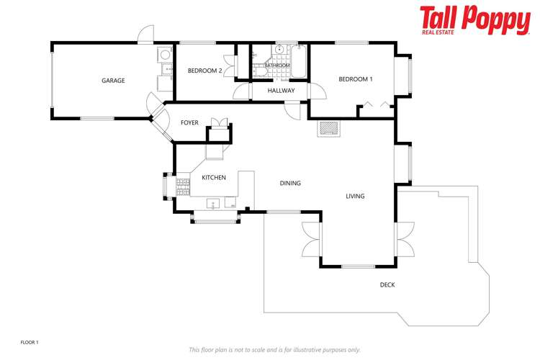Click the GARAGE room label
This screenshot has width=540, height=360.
point(113,81)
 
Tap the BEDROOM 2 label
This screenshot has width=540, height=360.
point(204,71)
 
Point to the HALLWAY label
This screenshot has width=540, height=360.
point(281,91)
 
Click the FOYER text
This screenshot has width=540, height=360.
point(189,123)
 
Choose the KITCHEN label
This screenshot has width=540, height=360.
point(214,177)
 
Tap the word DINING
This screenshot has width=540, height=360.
point(290,183)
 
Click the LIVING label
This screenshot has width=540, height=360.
point(355,196)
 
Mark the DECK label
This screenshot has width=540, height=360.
point(387,284)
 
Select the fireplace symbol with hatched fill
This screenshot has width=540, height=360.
point(329,129)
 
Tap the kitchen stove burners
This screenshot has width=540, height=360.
point(183,185)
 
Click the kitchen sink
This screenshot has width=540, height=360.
point(214,204)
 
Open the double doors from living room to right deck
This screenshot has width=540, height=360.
point(405,239)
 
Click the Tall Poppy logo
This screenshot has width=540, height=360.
point(474,20)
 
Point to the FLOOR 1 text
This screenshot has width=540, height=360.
point(29,342)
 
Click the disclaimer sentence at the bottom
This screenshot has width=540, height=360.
point(274,349)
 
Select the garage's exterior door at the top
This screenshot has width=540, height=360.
point(146,34)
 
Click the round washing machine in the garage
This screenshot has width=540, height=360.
point(165,53)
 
